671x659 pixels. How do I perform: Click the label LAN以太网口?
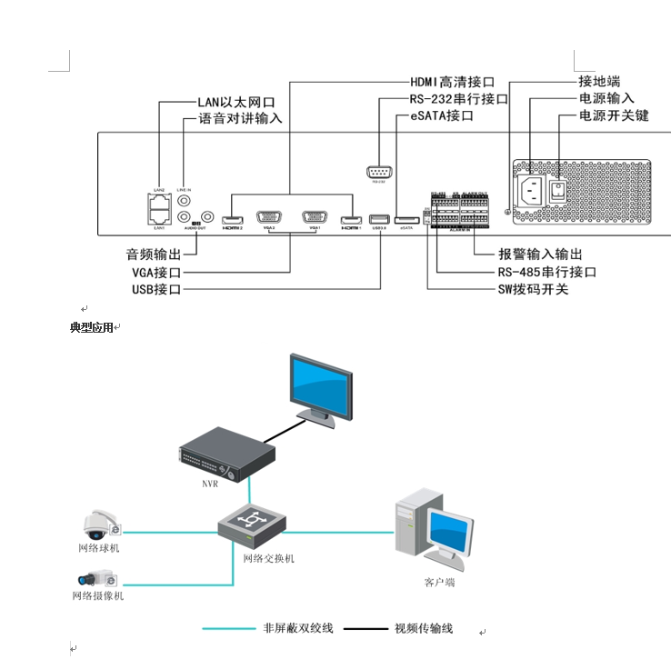[x=235, y=103]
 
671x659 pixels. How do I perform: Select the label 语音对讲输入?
[x=240, y=118]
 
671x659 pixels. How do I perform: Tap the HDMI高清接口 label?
[x=452, y=83]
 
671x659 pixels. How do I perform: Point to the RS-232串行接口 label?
[x=458, y=99]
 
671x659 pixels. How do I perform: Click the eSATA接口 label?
[x=442, y=116]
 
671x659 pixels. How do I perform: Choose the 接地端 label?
[x=599, y=81]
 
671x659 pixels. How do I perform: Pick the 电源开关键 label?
[x=614, y=115]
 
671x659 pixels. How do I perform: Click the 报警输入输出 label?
[x=540, y=254]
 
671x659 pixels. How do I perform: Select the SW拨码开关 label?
[x=533, y=289]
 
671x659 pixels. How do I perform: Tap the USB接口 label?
[x=156, y=289]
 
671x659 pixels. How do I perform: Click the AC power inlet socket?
[x=531, y=190]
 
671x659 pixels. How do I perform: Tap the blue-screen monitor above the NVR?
[x=319, y=388]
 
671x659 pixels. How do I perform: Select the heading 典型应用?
[x=92, y=327]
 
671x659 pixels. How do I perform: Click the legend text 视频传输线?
[x=423, y=628]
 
